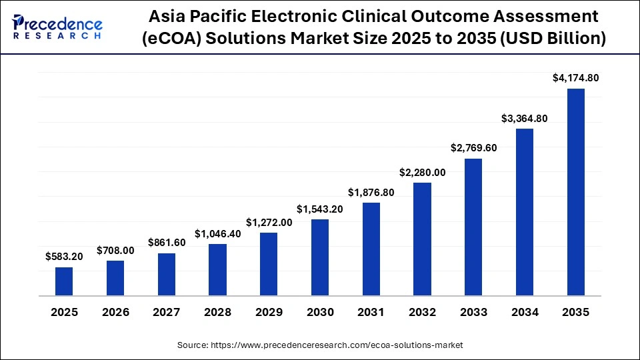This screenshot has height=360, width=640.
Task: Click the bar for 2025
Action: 64,281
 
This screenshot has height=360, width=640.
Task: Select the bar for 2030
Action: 320,257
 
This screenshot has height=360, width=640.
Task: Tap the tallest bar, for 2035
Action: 576,192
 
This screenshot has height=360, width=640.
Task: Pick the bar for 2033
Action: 473,227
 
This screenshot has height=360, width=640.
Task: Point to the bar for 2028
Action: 217,270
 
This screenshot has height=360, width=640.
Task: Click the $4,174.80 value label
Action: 576,78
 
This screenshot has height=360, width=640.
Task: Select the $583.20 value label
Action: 64,256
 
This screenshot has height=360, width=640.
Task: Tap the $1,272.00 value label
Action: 269,222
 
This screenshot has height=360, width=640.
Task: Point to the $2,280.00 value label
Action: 423,172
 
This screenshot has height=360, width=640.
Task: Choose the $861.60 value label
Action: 167,243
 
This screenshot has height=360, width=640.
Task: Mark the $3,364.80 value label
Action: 525,119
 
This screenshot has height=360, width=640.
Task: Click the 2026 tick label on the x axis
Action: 115,312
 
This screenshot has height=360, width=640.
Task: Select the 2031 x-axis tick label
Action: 371,312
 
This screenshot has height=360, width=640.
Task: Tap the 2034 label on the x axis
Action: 525,312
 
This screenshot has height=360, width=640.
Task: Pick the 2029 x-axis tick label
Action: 269,312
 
